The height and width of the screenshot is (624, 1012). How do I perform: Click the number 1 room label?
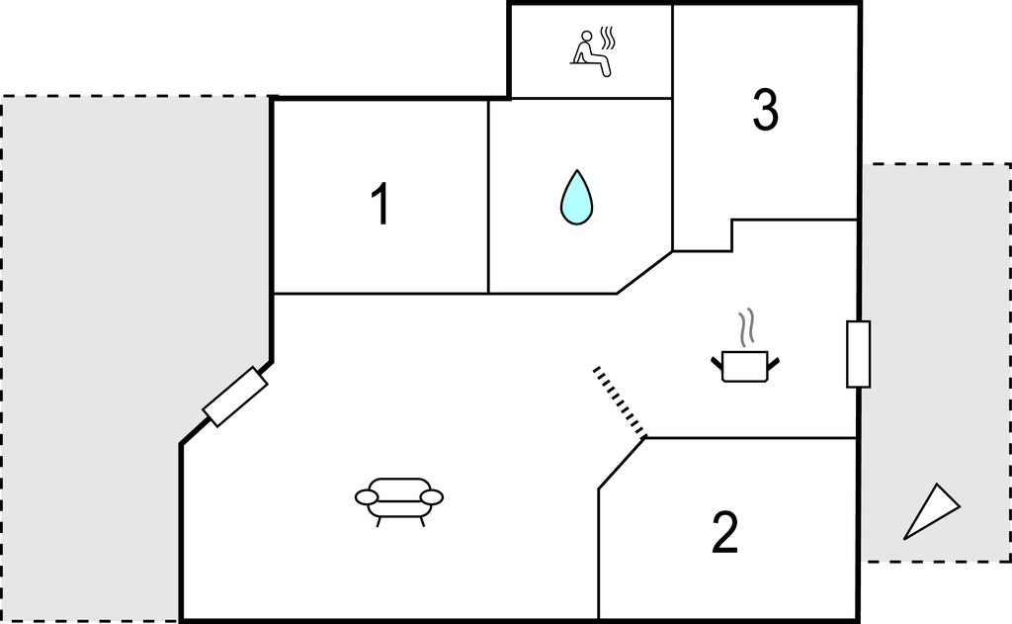point(381,203)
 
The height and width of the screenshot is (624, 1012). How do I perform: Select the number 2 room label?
point(724,532)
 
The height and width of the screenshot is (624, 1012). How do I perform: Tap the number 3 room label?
point(766,111)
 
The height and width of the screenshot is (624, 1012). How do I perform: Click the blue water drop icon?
point(576,198)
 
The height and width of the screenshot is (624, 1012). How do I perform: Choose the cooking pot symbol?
point(745,366)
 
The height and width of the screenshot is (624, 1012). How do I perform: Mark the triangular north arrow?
point(931,511)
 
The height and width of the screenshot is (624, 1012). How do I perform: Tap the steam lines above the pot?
point(747,327)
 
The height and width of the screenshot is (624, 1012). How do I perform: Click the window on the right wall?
point(859,354)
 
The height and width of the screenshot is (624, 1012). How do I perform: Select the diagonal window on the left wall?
point(235,397)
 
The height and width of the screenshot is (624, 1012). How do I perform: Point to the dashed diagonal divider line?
point(620,401)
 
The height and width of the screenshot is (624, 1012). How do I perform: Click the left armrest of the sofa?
point(367,496)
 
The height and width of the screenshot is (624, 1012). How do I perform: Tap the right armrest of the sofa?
point(432,496)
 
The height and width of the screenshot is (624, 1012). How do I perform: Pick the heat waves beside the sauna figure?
point(607,39)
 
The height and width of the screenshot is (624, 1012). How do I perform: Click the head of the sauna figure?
point(587,37)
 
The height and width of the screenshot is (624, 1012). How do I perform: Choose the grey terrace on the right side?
point(936,362)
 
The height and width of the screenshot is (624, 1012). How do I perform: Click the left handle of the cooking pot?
point(717,362)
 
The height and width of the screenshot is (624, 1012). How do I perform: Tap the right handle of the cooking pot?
point(773,362)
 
